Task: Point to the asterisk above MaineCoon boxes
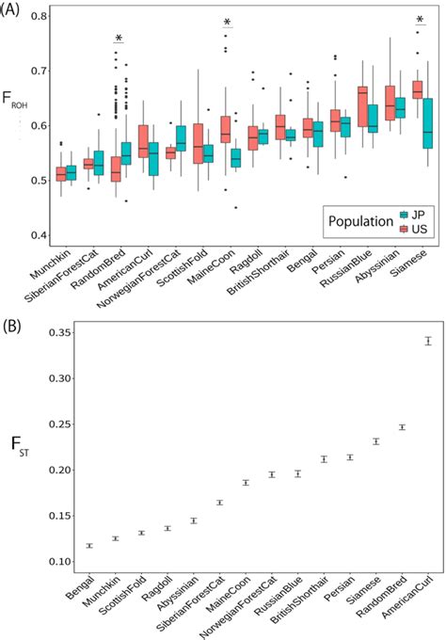point(227,22)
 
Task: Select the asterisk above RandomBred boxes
point(119,39)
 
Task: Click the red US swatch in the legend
point(403,230)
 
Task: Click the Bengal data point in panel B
point(88,546)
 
